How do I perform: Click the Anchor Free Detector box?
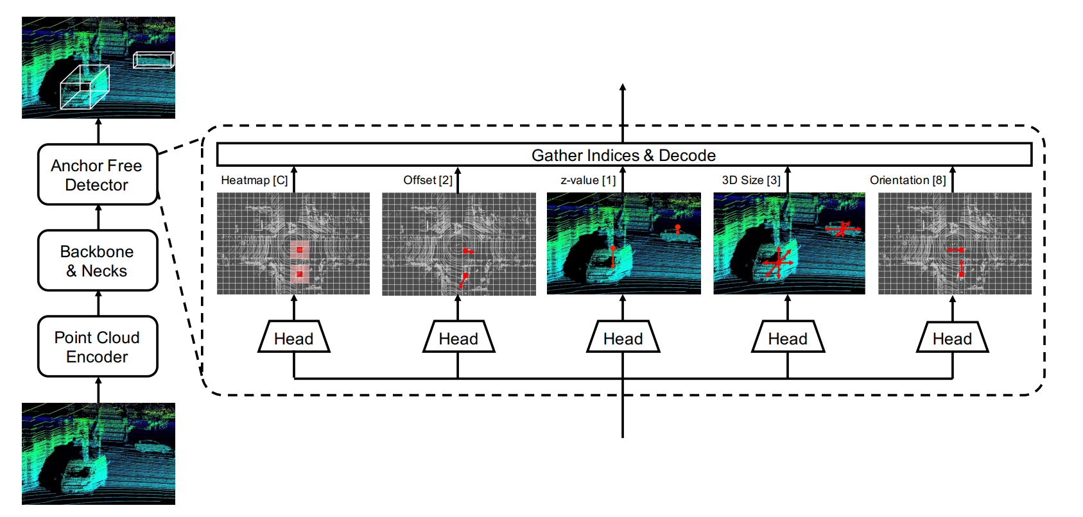pyautogui.click(x=98, y=175)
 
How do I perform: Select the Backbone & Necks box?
pyautogui.click(x=98, y=261)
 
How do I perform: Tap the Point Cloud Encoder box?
pyautogui.click(x=98, y=347)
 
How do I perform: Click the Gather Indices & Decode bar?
pyautogui.click(x=623, y=155)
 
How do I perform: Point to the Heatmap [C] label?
pyautogui.click(x=254, y=180)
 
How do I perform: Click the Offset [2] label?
pyautogui.click(x=428, y=180)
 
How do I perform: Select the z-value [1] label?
pyautogui.click(x=588, y=180)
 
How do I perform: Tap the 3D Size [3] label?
pyautogui.click(x=751, y=180)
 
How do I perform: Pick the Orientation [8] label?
pyautogui.click(x=908, y=180)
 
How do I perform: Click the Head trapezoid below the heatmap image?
pyautogui.click(x=294, y=338)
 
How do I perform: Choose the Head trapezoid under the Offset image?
pyautogui.click(x=458, y=338)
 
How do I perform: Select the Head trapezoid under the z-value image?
pyautogui.click(x=623, y=338)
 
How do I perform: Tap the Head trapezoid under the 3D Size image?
pyautogui.click(x=788, y=338)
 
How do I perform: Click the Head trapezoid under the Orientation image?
pyautogui.click(x=952, y=338)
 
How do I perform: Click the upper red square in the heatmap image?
pyautogui.click(x=299, y=250)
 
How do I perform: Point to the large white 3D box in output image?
pyautogui.click(x=85, y=87)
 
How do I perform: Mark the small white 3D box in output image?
pyautogui.click(x=153, y=60)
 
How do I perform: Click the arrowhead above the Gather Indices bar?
pyautogui.click(x=623, y=88)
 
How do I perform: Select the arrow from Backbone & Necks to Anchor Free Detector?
pyautogui.click(x=98, y=217)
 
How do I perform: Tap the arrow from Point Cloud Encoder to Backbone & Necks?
pyautogui.click(x=98, y=303)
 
